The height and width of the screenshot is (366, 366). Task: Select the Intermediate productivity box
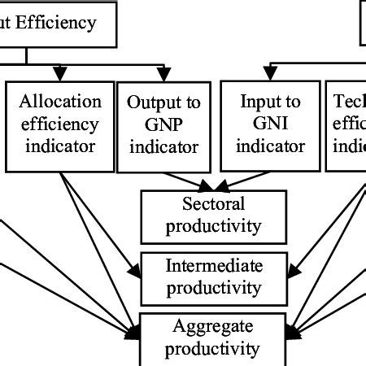click(x=214, y=276)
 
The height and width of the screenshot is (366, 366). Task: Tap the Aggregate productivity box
click(x=214, y=338)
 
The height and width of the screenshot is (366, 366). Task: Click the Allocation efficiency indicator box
click(x=61, y=124)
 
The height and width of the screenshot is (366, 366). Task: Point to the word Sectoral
click(x=214, y=203)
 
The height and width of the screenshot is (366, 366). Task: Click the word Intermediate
click(x=214, y=266)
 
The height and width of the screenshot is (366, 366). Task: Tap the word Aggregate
click(x=214, y=327)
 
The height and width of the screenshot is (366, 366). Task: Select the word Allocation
click(x=62, y=102)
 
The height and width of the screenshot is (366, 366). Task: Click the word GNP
click(x=163, y=125)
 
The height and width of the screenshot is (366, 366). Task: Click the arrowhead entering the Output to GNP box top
click(x=167, y=76)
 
